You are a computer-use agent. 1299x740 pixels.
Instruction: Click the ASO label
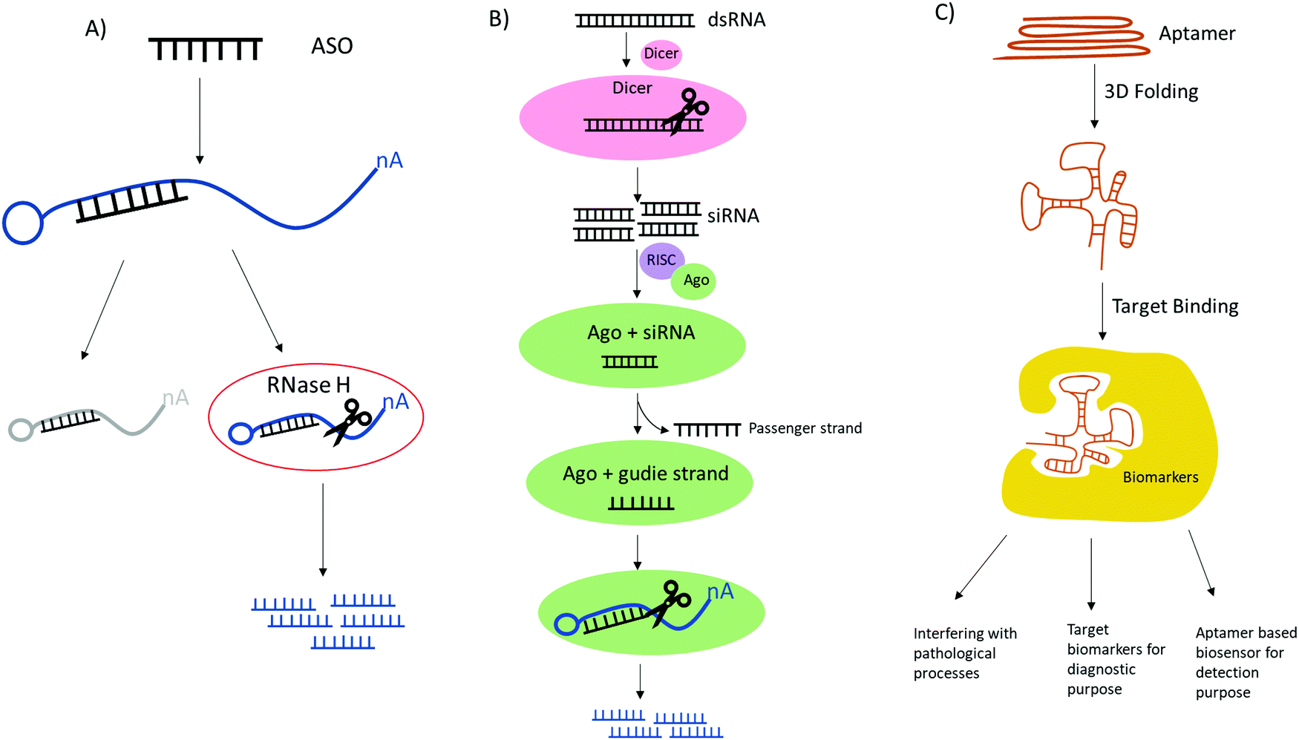332,46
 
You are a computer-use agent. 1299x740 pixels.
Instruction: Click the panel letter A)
96,28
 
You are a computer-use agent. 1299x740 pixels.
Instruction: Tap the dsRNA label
736,19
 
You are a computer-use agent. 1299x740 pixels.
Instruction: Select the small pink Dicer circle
661,53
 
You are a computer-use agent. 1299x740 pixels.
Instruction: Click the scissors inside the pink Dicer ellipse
687,112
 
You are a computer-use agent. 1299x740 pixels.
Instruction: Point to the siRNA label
733,216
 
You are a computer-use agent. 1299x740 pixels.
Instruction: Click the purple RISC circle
660,261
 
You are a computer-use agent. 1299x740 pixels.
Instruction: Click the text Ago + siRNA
641,333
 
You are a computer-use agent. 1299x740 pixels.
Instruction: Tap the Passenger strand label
805,428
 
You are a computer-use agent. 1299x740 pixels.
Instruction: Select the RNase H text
308,385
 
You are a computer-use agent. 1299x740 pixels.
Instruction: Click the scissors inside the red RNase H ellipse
347,422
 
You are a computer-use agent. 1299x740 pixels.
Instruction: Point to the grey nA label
175,398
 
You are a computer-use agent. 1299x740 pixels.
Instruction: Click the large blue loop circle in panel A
23,223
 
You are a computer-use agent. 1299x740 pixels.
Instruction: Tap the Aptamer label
1197,33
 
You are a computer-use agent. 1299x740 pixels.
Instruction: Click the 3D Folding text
1151,91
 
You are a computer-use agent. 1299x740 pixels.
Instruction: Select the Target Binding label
1174,307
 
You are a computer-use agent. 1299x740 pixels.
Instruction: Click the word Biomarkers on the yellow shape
1159,477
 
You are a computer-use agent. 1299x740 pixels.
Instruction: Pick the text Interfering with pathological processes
963,653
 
